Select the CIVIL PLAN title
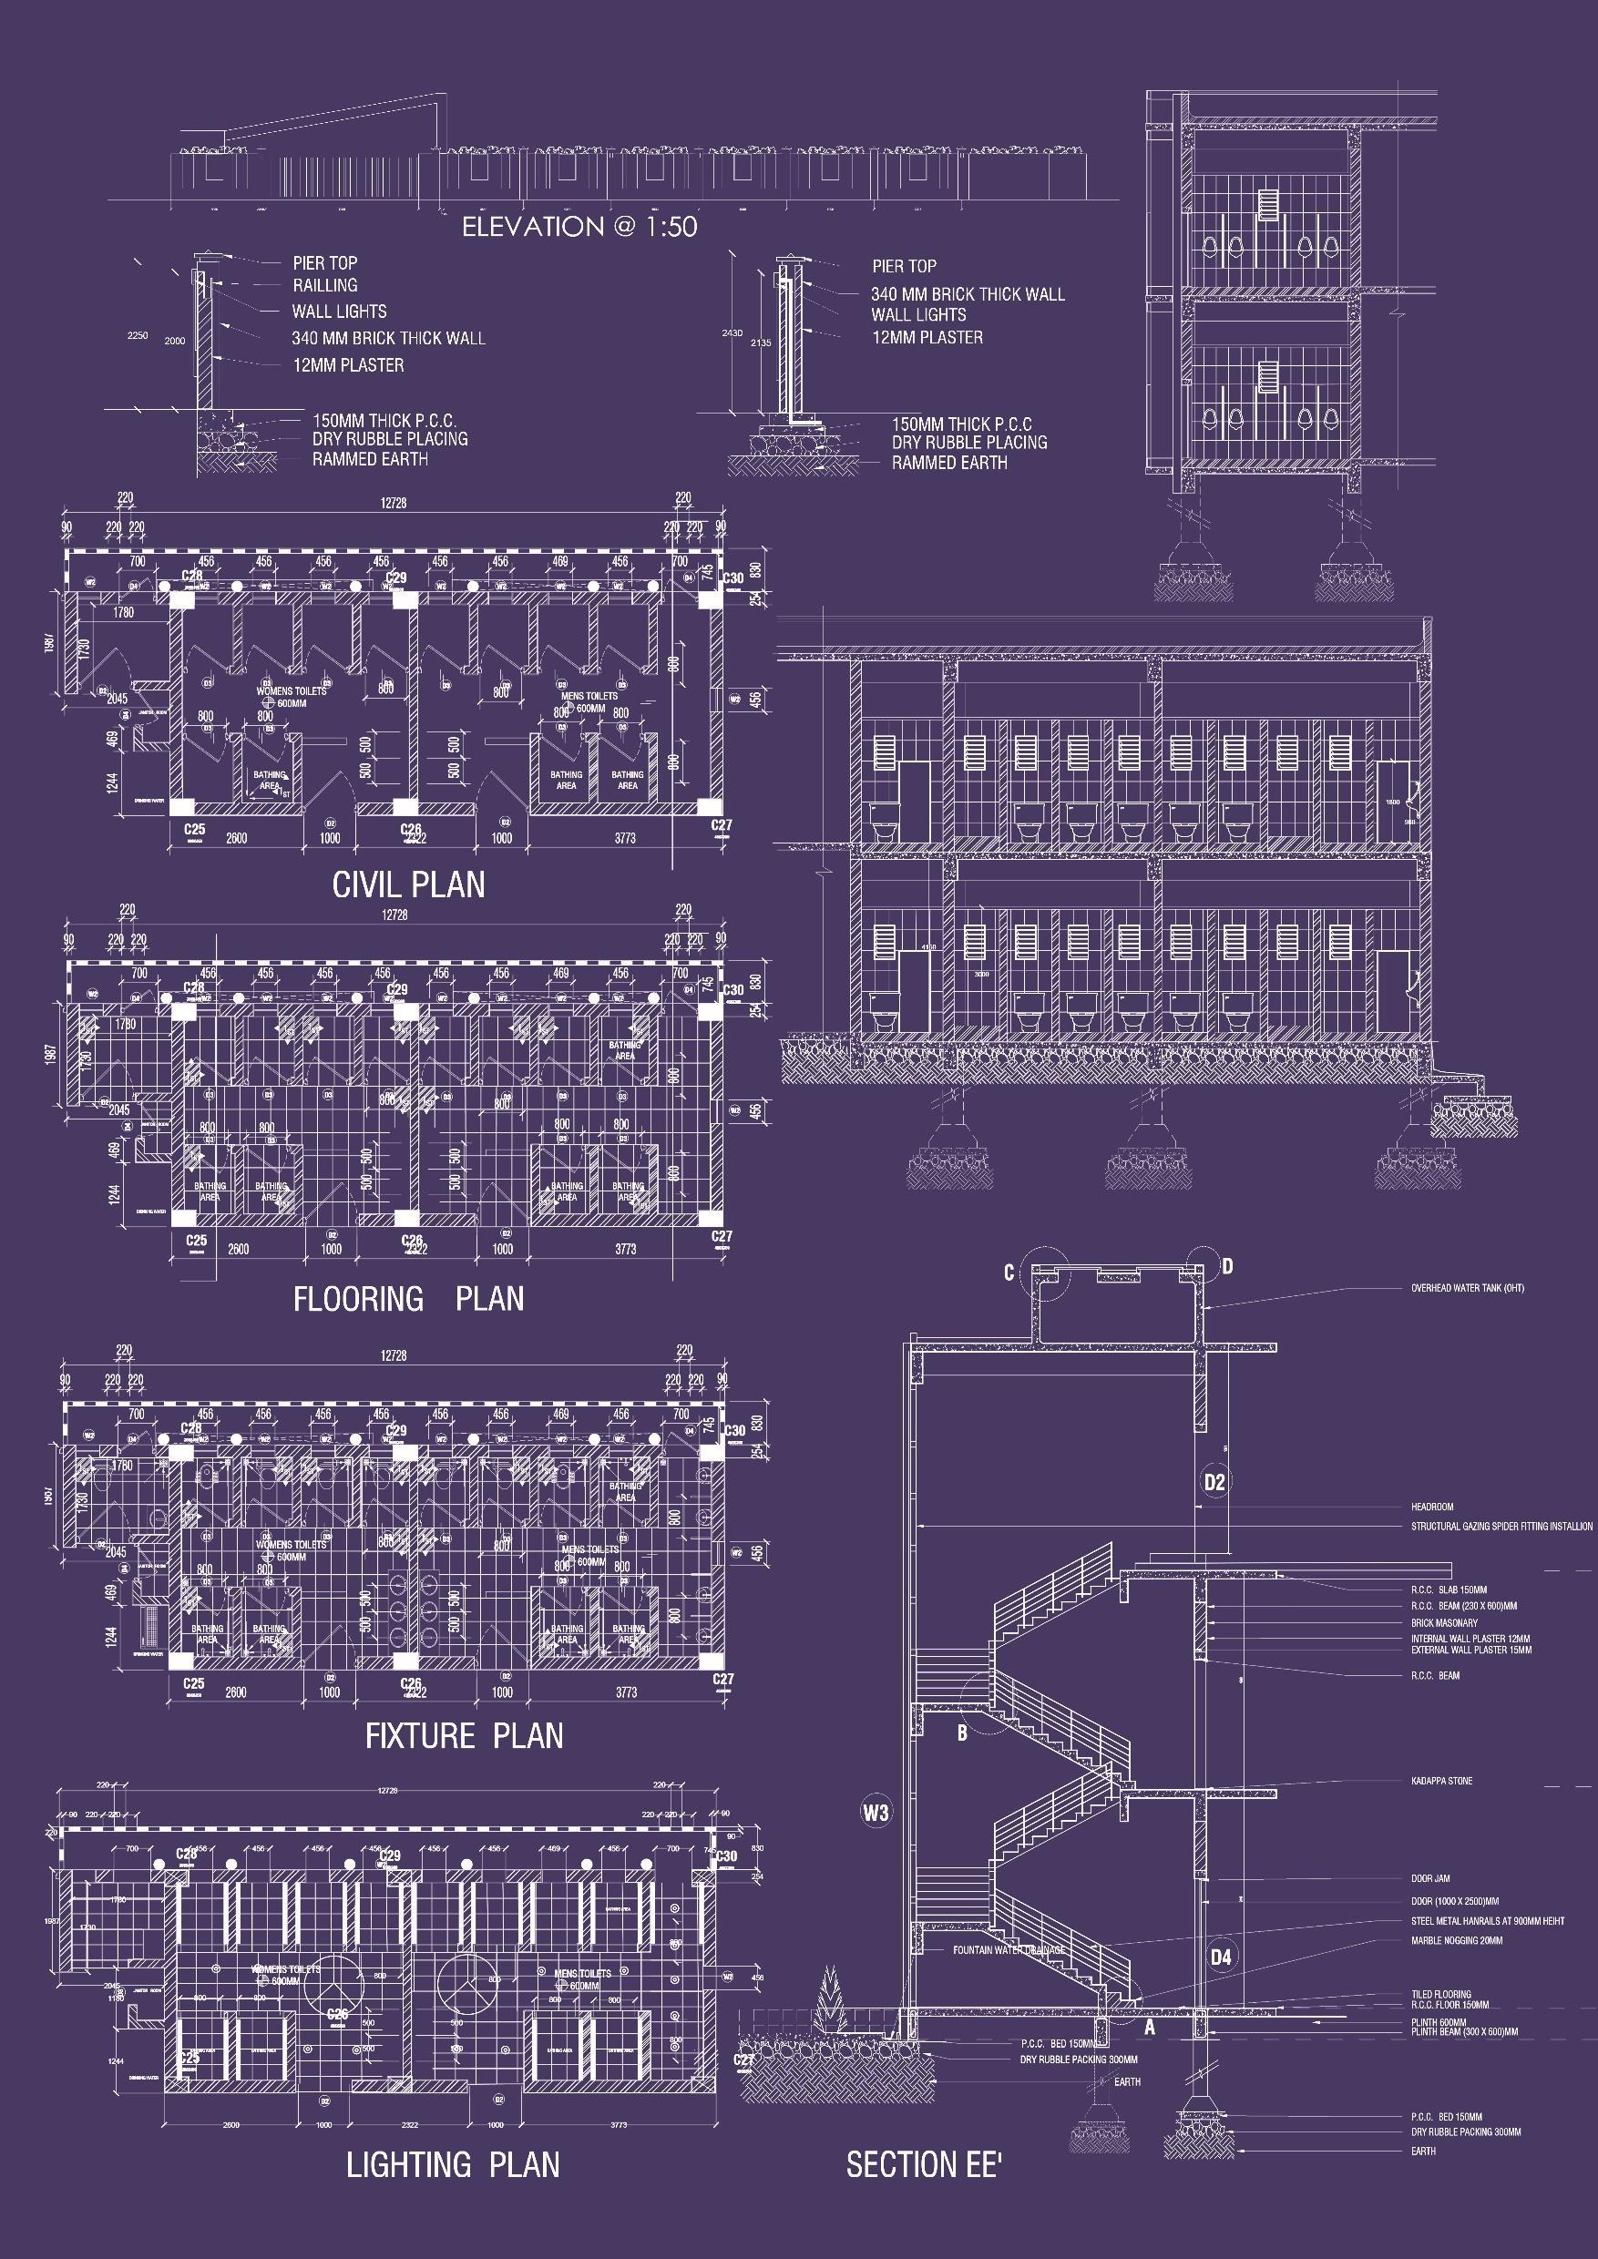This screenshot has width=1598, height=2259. pyautogui.click(x=408, y=884)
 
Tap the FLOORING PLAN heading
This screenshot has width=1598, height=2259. pyautogui.click(x=408, y=1299)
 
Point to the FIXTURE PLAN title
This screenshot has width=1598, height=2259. pyautogui.click(x=464, y=1734)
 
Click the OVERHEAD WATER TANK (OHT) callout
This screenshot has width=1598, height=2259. pyautogui.click(x=1467, y=1288)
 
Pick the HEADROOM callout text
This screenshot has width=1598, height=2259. pyautogui.click(x=1431, y=1507)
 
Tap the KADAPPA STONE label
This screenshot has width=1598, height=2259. pyautogui.click(x=1441, y=1781)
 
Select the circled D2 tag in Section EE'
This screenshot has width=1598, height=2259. pyautogui.click(x=1215, y=1482)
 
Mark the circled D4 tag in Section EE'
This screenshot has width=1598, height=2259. pyautogui.click(x=1220, y=1957)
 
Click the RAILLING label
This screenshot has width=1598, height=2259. pyautogui.click(x=324, y=285)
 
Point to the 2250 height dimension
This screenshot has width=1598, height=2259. pyautogui.click(x=138, y=335)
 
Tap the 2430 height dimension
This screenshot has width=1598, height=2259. pyautogui.click(x=732, y=333)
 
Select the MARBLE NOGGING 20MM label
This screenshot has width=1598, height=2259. pyautogui.click(x=1456, y=1940)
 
